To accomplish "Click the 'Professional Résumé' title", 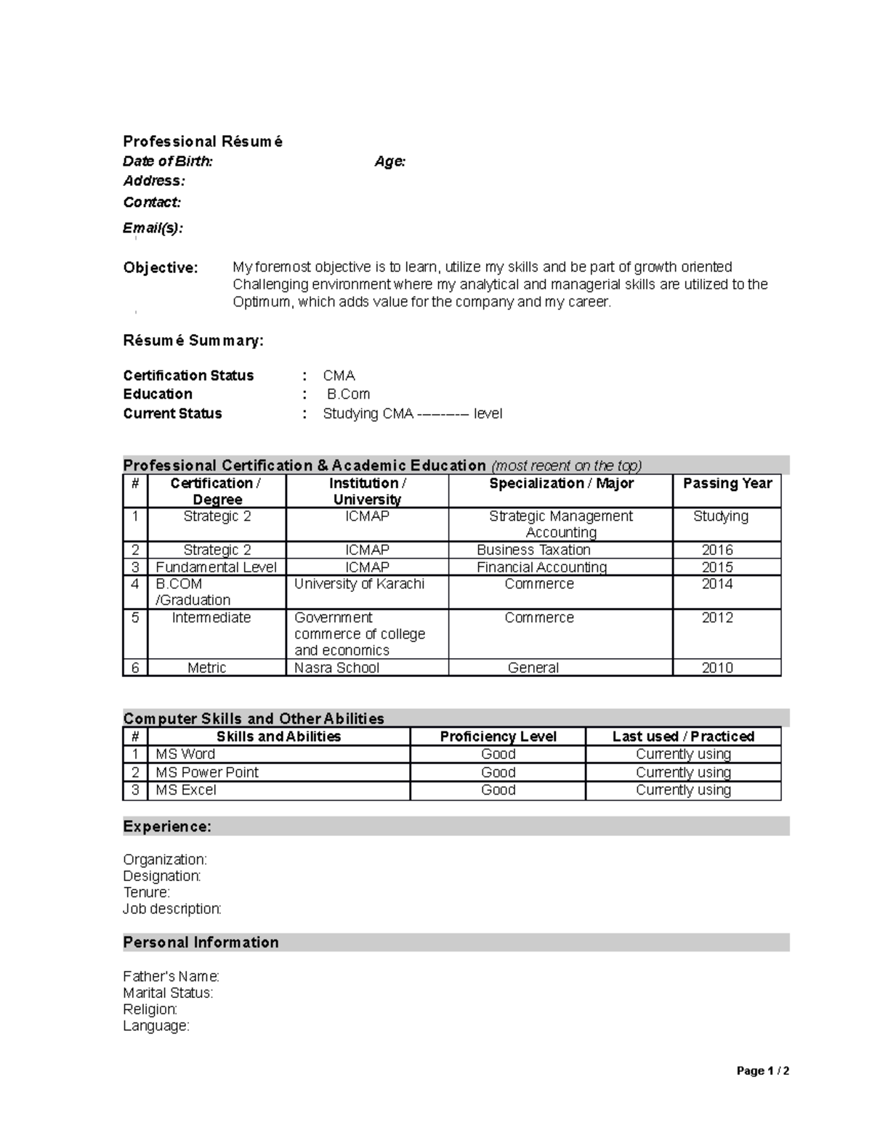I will pos(203,142).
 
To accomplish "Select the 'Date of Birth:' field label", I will pos(168,161).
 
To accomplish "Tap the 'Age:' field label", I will pos(389,161).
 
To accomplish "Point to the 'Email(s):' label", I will pos(153,228).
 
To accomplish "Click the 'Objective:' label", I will pos(161,268).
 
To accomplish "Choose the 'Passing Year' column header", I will pos(727,484).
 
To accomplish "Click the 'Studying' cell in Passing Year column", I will pos(720,516).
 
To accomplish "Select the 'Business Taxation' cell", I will pos(533,550).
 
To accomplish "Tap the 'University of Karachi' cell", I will pos(359,584).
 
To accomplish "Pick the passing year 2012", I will pos(717,617).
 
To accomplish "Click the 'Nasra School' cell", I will pos(336,668).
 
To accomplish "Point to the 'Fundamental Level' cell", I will pos(216,567).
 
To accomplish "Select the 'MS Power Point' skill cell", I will pos(207,772).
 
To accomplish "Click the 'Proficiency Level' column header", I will pos(498,737).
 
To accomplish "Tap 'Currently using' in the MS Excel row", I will pos(683,790).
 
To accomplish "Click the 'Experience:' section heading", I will pos(167,827).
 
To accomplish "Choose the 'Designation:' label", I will pos(161,876).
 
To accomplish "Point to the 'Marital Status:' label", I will pos(168,993).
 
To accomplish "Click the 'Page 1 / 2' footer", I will pos(762,1071).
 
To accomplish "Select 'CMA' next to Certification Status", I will pos(339,376).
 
